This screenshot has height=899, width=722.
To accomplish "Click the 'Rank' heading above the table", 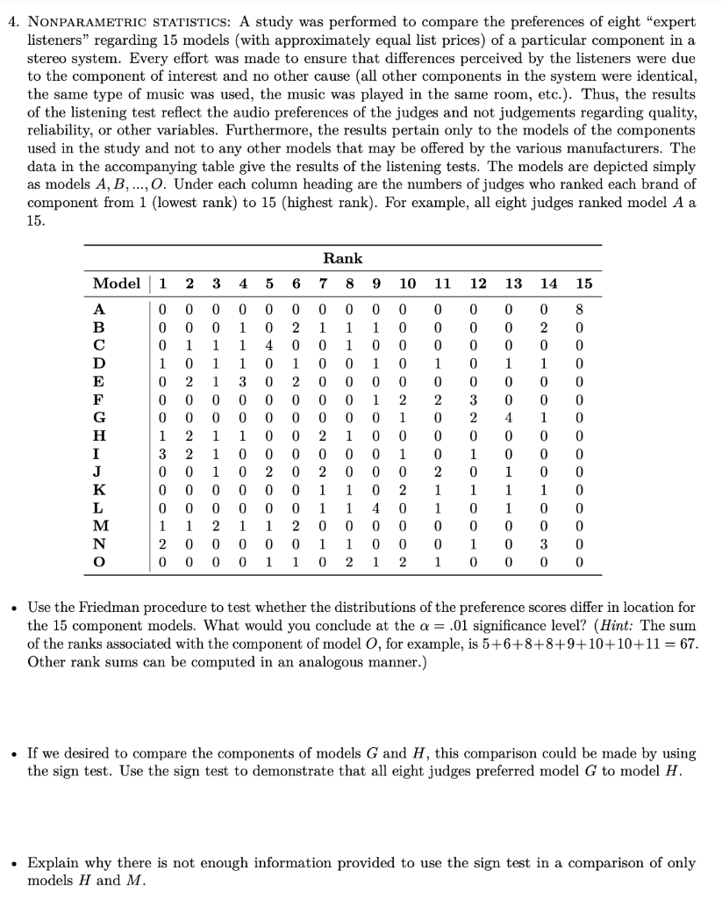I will click(x=342, y=258).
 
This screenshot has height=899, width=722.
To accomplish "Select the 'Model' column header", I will click(x=117, y=283).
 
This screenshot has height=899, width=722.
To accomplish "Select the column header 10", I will click(x=407, y=283).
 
